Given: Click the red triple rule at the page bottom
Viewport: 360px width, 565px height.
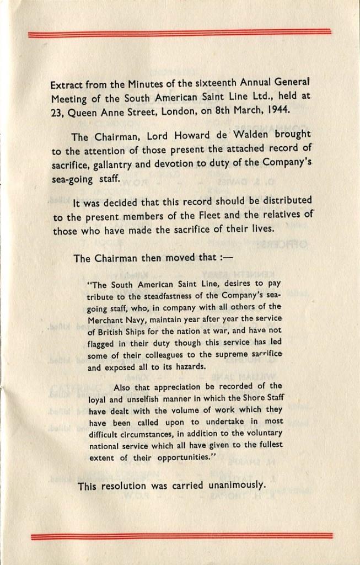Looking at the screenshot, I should pyautogui.click(x=182, y=536).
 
